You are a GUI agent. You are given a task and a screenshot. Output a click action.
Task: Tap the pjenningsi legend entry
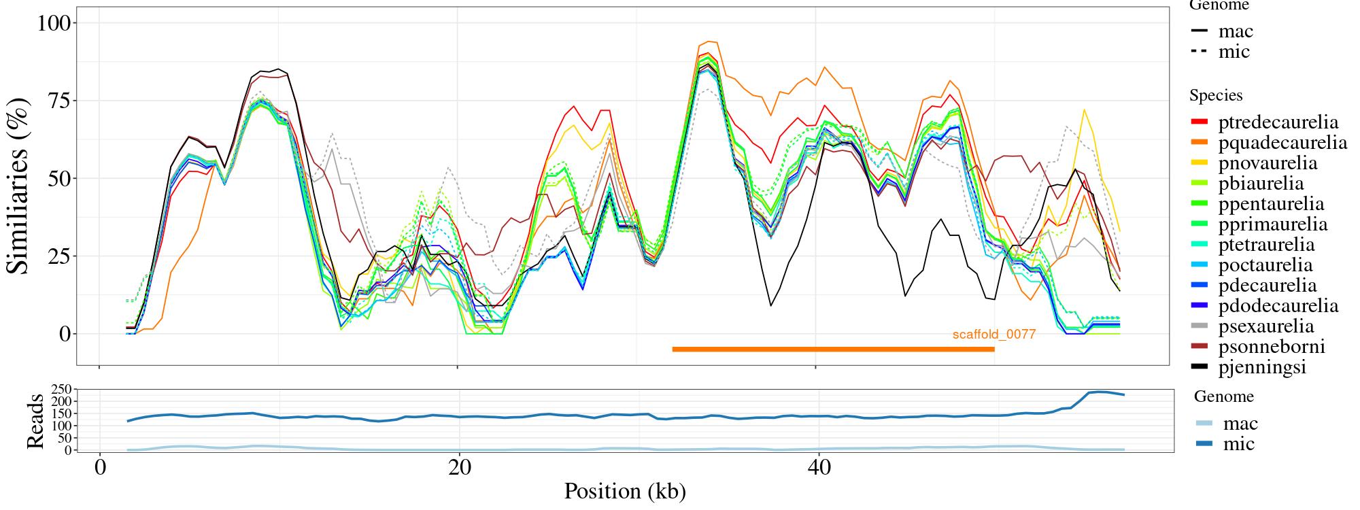(x=1262, y=367)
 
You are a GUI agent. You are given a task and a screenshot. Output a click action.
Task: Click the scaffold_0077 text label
(x=993, y=335)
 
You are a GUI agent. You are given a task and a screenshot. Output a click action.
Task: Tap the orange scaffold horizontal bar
(x=833, y=350)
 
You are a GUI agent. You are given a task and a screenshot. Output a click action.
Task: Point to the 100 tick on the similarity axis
(x=52, y=23)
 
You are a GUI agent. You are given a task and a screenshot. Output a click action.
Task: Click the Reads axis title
(x=35, y=421)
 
